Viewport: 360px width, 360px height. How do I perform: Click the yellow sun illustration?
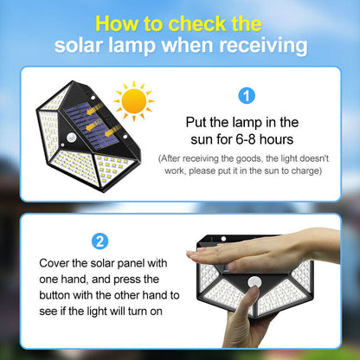(x=134, y=101)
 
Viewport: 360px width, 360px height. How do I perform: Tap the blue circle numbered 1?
(x=247, y=96)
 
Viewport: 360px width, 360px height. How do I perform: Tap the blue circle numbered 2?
(x=100, y=241)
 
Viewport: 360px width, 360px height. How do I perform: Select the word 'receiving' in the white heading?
(x=263, y=46)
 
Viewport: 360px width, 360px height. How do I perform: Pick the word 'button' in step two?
(x=55, y=295)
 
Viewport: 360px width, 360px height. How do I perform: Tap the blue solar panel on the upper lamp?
(x=92, y=125)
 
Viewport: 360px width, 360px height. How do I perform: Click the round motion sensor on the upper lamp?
(x=71, y=138)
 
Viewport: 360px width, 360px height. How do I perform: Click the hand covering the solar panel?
(x=262, y=250)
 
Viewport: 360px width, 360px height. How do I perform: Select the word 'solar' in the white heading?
(x=79, y=46)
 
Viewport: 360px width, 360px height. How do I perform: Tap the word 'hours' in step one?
(x=276, y=139)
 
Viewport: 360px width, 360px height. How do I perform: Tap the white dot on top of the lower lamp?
(x=223, y=239)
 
